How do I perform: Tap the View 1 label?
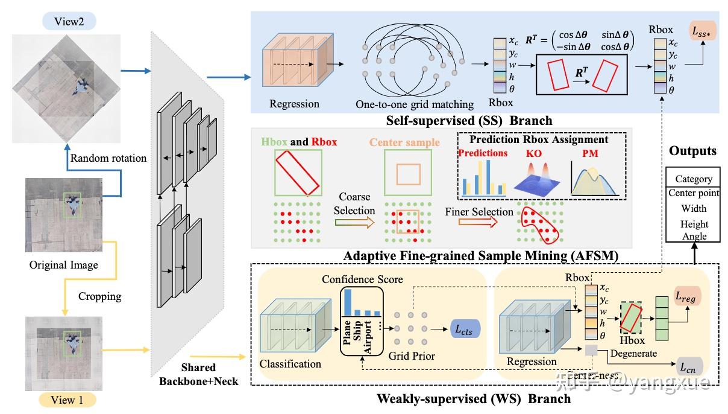(64, 400)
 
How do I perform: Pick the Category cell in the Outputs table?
(693, 179)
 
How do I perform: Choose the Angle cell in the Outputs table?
(693, 237)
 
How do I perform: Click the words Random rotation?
(108, 158)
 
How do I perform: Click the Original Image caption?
(63, 264)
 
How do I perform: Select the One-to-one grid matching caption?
(414, 104)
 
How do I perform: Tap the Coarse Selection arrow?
(355, 222)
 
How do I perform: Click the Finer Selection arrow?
(482, 222)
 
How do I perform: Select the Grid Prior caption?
(412, 355)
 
